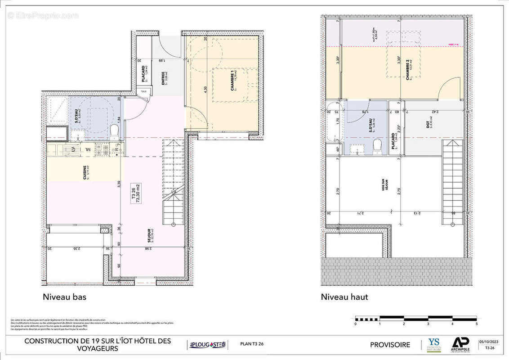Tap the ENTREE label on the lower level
click(x=164, y=78)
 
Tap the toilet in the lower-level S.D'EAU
click(x=114, y=131)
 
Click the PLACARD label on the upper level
click(x=394, y=140)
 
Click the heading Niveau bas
click(x=64, y=297)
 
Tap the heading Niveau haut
click(x=344, y=297)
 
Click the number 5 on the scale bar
click(x=476, y=324)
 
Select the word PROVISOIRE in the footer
click(x=390, y=345)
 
